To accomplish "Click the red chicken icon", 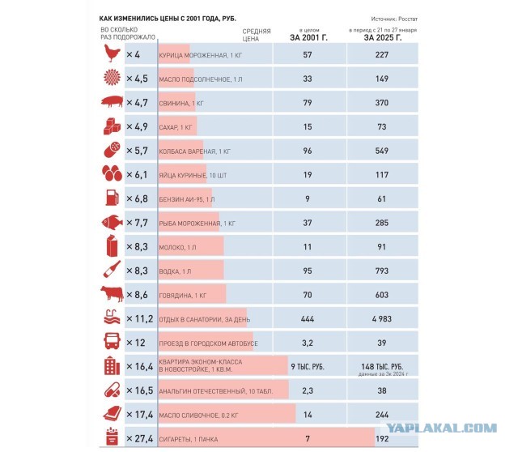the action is tap(113, 53).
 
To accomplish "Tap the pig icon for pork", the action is tap(113, 101).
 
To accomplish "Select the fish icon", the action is tap(112, 222).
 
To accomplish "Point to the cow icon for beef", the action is tap(112, 294).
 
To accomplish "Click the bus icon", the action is tap(112, 341).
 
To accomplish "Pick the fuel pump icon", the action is tap(112, 198).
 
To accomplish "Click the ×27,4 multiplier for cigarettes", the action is tap(140, 439).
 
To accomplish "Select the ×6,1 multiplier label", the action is tap(137, 175).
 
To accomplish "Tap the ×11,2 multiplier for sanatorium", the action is tap(140, 318).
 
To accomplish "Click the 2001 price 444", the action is tap(308, 318).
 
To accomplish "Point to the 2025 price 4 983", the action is tap(381, 318).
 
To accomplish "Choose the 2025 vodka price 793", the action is tap(381, 271).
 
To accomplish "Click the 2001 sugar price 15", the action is tap(308, 126).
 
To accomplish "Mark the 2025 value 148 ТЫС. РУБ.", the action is tap(382, 367).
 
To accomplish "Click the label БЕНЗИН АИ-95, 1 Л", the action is tap(187, 199).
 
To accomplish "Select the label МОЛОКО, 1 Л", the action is tap(177, 247).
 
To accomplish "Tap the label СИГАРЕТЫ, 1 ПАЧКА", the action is tap(189, 439).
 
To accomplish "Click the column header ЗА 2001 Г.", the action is tap(308, 38).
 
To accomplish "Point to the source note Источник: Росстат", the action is tap(394, 19).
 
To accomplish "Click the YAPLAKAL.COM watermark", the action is tap(442, 429).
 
